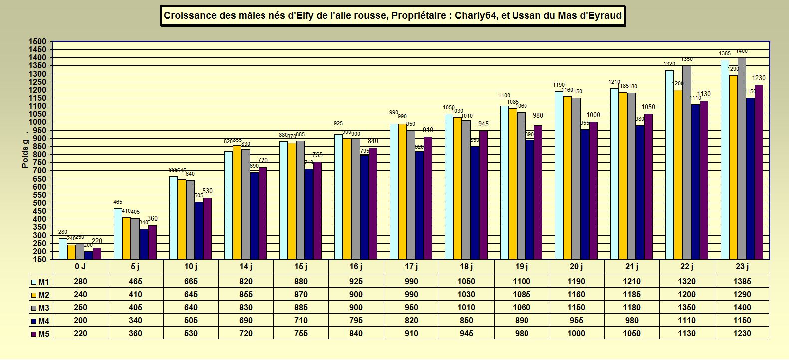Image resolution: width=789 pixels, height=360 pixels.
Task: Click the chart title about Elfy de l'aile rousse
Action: pos(393,16)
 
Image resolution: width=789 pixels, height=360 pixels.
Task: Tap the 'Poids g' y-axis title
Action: pos(25,153)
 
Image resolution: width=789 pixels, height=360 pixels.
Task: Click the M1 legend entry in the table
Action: pos(41,282)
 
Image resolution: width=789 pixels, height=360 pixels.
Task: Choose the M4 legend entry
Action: pos(41,321)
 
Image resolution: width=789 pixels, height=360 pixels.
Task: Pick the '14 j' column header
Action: pos(246,267)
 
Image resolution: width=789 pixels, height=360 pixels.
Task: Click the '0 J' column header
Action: pos(80,267)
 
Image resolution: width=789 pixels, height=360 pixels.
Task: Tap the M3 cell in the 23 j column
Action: pos(742,308)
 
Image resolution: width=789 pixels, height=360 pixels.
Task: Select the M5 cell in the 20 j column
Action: pos(576,334)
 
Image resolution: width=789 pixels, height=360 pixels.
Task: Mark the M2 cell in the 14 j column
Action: pos(246,295)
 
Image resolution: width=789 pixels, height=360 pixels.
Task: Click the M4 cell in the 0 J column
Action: pos(80,321)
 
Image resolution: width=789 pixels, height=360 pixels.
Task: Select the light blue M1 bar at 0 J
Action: pos(63,249)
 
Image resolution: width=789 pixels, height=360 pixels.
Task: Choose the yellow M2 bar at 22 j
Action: pos(678,175)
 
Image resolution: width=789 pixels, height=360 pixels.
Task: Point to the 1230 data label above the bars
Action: pos(759,78)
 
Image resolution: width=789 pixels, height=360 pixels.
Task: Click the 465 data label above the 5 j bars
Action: pos(118,202)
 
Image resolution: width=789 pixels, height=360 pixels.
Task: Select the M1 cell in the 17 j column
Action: pos(411,282)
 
